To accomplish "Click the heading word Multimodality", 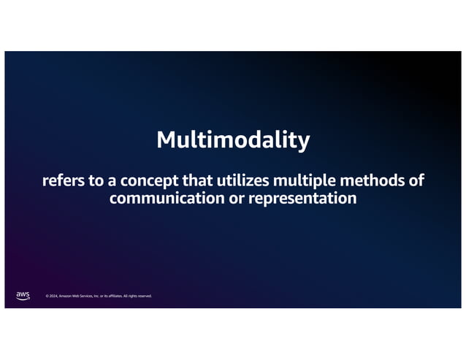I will click(x=233, y=139).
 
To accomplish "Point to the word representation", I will click(x=302, y=198).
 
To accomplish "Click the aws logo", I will click(x=23, y=295).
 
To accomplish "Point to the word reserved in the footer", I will click(x=144, y=296).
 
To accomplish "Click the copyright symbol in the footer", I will click(x=47, y=296).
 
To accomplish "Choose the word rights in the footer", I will click(x=131, y=296).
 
